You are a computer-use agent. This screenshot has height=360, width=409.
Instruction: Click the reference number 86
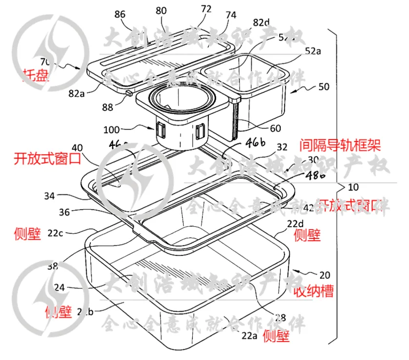[x=120, y=14]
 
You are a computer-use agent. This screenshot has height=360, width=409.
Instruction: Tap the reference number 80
[x=161, y=10]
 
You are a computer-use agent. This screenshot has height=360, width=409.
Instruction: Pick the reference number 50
[x=324, y=87]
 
